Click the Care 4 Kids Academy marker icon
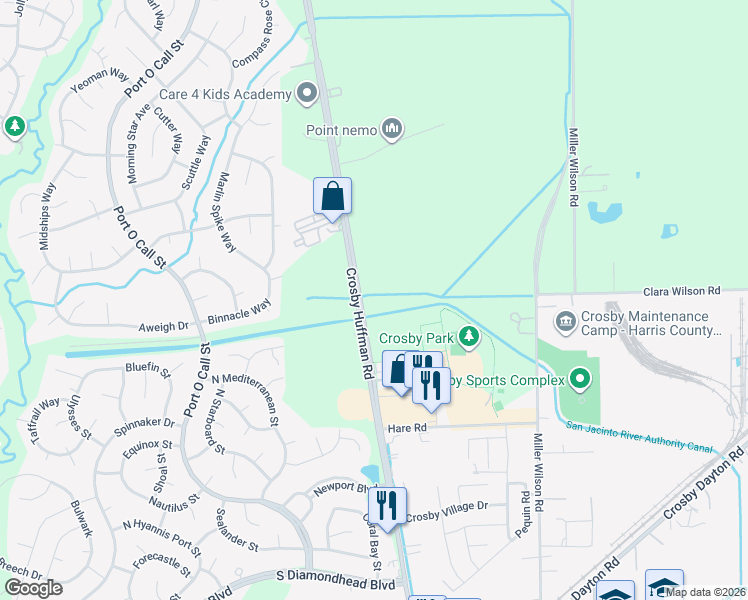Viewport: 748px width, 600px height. click(307, 94)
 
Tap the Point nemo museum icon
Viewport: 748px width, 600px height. click(392, 128)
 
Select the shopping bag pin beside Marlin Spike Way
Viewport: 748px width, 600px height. click(333, 196)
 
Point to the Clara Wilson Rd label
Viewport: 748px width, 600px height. click(682, 291)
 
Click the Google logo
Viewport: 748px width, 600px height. click(34, 588)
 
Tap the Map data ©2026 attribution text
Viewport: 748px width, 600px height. click(706, 592)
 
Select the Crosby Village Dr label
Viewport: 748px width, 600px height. click(446, 506)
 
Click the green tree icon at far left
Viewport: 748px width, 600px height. click(14, 127)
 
